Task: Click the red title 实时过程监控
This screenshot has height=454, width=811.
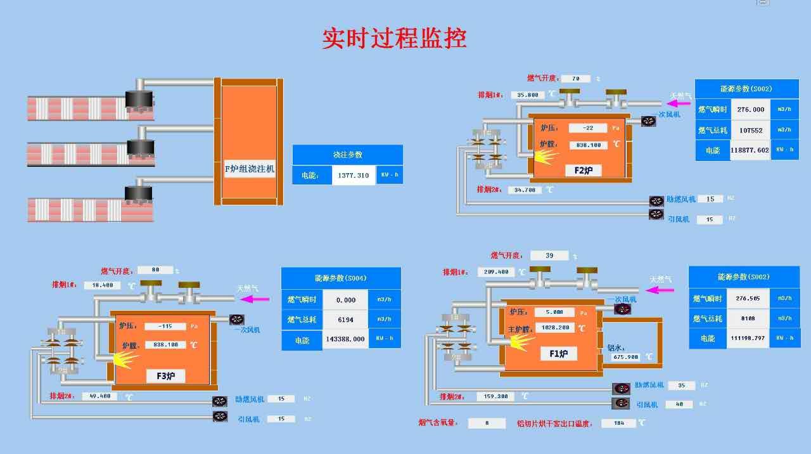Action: (394, 39)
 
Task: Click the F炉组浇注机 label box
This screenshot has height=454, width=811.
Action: (250, 169)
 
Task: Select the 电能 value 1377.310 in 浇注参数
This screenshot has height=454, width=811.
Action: (354, 175)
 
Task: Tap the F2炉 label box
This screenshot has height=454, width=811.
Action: (583, 170)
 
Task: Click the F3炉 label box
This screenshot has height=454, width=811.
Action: (170, 376)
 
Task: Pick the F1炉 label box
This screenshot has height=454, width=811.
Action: (558, 353)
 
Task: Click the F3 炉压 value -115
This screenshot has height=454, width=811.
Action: (165, 327)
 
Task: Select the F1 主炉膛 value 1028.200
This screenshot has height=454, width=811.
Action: (554, 328)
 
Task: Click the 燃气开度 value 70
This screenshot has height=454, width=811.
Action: (575, 79)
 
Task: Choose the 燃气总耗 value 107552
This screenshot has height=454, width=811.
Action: (750, 130)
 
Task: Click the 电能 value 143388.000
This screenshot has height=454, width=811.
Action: (345, 339)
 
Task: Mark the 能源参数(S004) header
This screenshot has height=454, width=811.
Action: (341, 278)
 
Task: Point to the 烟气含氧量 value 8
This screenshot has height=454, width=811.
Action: (487, 423)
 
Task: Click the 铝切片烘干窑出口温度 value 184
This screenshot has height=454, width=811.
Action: (618, 423)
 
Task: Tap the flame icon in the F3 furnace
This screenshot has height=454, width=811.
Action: (125, 360)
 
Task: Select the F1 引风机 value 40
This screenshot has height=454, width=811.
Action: (679, 405)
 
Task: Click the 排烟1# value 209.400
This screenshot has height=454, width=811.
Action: (495, 272)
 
